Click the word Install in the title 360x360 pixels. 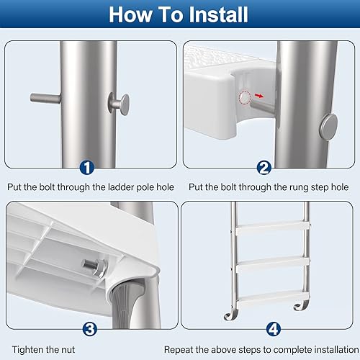pyautogui.click(x=215, y=15)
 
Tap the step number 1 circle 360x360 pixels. pyautogui.click(x=87, y=168)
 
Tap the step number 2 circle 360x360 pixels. pyautogui.click(x=264, y=168)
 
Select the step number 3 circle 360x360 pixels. pyautogui.click(x=89, y=328)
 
